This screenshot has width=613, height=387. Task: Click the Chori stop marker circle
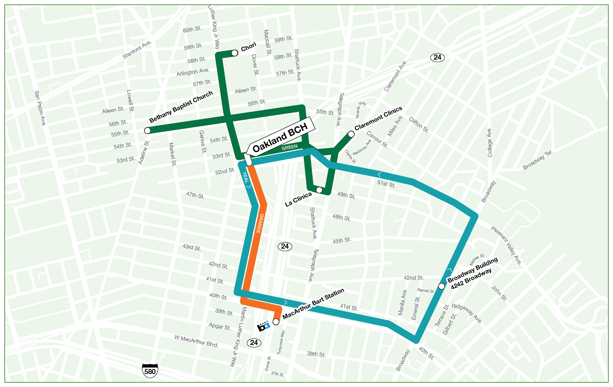tap(235, 53)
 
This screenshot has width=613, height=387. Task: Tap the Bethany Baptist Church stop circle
tap(147, 131)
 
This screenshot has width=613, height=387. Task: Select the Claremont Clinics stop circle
tap(351, 134)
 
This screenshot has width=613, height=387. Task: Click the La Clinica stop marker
tap(319, 190)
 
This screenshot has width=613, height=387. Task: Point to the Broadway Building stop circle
tap(441, 286)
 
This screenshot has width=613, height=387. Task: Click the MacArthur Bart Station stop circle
tap(276, 322)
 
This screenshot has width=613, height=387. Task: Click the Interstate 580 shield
tap(150, 371)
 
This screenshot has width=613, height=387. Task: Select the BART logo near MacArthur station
tap(263, 327)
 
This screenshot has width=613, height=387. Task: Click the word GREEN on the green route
tap(289, 147)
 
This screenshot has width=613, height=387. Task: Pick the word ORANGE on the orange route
tap(260, 223)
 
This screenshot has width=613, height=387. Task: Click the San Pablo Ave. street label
tap(40, 108)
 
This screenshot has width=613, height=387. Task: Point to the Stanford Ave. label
tap(137, 50)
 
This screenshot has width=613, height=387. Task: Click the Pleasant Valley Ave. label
tap(506, 245)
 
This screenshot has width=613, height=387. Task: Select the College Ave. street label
tap(489, 142)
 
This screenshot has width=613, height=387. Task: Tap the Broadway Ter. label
tap(538, 160)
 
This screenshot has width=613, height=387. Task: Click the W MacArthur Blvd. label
tap(196, 341)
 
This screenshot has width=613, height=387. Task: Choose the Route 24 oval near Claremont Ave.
tap(437, 57)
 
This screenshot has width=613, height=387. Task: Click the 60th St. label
tap(192, 29)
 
